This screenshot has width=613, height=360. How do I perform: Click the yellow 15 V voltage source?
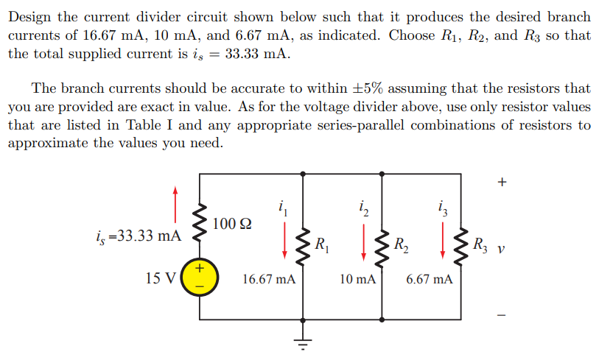[200, 280]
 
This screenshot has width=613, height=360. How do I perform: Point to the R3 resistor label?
[480, 244]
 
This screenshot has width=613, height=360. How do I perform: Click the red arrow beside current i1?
[284, 241]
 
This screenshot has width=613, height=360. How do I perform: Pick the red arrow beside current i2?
[362, 241]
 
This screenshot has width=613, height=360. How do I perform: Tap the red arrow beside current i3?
[442, 241]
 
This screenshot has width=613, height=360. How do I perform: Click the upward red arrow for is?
[175, 203]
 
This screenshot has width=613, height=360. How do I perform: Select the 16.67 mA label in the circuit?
[269, 280]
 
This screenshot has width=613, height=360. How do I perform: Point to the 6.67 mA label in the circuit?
[430, 280]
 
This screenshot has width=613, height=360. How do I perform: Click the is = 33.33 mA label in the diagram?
[139, 236]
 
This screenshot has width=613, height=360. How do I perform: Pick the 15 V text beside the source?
[161, 279]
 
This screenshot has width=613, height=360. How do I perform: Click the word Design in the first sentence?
[32, 16]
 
